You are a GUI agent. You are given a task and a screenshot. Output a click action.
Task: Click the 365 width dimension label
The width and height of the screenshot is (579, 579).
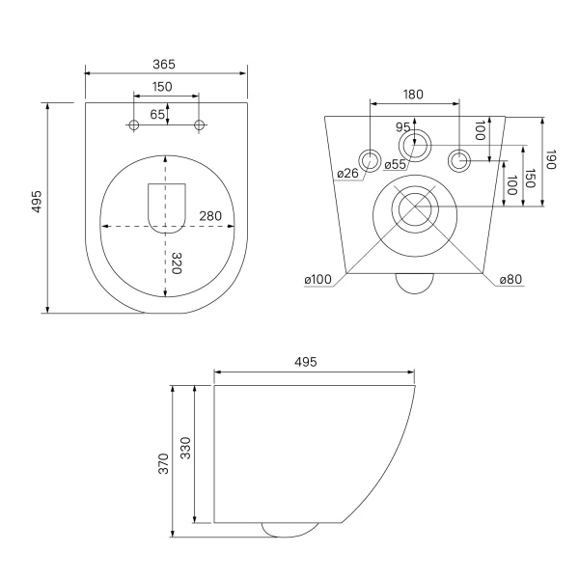pos(164,65)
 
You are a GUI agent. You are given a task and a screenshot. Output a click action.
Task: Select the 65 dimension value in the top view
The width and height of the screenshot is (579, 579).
pos(157,115)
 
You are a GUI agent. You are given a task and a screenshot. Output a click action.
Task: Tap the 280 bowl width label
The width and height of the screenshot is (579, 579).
pos(210,216)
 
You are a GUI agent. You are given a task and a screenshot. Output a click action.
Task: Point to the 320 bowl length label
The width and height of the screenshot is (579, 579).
pos(177,262)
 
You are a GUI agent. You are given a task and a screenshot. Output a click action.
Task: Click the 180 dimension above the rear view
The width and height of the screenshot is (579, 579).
pos(413,95)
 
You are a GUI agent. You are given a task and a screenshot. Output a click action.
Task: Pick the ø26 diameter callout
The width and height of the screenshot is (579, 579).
pos(347,173)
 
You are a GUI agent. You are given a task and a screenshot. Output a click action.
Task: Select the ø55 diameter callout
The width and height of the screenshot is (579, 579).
pos(395,164)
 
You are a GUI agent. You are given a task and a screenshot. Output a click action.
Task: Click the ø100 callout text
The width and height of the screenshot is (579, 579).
pos(317,280)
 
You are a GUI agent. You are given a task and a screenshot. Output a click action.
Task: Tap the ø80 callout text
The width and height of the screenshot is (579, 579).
pos(511,280)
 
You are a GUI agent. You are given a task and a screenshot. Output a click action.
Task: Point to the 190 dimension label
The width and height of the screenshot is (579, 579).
pos(551,159)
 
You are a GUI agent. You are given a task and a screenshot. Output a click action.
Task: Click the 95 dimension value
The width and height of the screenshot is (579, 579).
pos(402,127)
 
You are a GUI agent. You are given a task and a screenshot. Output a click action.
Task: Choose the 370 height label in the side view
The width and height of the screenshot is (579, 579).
pos(163,464)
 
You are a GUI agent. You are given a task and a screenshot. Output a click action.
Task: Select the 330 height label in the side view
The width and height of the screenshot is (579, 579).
pos(185,448)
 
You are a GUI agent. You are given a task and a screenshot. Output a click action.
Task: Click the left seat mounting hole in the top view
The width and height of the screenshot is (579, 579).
pos(134,124)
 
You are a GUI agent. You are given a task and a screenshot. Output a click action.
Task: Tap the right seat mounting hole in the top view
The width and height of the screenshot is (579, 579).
pos(199,124)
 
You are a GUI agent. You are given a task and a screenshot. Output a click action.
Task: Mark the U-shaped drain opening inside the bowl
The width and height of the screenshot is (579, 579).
pos(167,208)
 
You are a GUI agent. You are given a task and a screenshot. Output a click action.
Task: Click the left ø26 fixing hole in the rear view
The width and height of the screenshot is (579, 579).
pos(370,160)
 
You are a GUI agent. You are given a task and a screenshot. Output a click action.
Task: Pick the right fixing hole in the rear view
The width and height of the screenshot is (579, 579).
pos(459,160)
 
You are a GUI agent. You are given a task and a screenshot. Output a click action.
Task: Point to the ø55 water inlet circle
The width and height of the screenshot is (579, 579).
pos(415,145)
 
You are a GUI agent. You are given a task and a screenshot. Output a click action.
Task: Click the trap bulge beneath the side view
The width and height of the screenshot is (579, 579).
pos(289,530)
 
